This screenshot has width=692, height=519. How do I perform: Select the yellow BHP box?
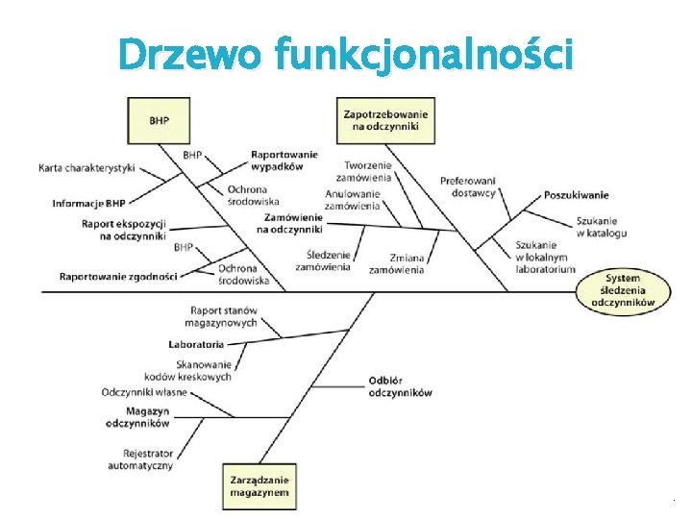(x=160, y=120)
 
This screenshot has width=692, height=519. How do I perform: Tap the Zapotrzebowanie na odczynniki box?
(x=385, y=120)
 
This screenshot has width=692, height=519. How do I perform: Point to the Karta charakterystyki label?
(x=86, y=167)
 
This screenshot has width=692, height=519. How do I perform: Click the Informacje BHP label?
(x=88, y=203)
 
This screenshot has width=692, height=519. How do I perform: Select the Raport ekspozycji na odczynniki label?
(x=124, y=230)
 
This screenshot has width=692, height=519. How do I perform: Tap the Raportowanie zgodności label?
(x=118, y=276)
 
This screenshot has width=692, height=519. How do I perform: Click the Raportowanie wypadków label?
(x=284, y=160)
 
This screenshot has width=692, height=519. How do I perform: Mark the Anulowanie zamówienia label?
(x=352, y=199)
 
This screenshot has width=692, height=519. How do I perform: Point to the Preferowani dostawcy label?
(x=468, y=185)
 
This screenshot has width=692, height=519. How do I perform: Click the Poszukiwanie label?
(x=576, y=195)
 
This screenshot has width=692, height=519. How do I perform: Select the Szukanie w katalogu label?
(x=602, y=227)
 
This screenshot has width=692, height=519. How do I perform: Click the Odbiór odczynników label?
(x=400, y=385)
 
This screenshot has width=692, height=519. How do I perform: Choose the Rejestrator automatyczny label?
(x=147, y=458)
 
